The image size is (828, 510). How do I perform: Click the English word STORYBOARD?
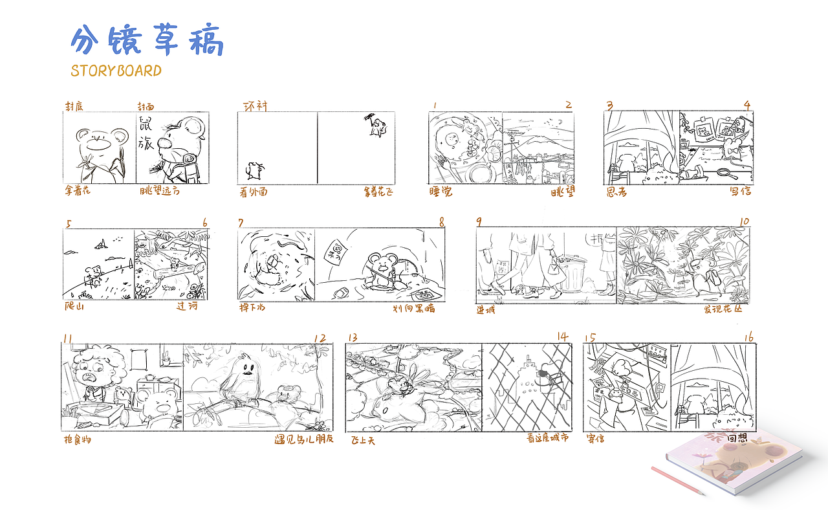[116, 71]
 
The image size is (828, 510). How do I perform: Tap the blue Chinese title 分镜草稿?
[147, 41]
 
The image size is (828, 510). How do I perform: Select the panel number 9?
[479, 222]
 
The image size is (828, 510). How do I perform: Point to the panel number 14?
[562, 337]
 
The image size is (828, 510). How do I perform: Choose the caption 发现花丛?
[723, 309]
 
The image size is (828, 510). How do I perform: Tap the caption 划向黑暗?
[413, 308]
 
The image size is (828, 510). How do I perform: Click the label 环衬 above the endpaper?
[254, 105]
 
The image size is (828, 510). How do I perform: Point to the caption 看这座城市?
[547, 438]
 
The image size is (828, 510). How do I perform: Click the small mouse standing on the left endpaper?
[253, 171]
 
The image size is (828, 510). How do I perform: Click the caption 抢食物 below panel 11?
[78, 440]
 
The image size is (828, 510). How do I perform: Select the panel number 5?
[69, 225]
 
